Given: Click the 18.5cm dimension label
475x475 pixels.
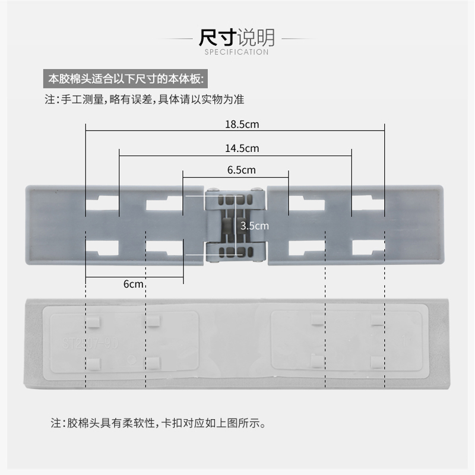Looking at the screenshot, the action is pyautogui.click(x=242, y=125).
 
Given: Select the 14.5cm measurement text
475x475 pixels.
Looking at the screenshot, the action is pyautogui.click(x=242, y=148).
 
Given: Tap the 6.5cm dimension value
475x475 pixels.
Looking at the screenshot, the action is pyautogui.click(x=241, y=170).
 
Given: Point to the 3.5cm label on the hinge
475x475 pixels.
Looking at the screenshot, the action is pyautogui.click(x=254, y=226).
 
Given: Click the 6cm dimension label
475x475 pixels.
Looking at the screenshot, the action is pyautogui.click(x=134, y=284).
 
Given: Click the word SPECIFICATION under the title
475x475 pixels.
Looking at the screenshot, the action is pyautogui.click(x=236, y=52).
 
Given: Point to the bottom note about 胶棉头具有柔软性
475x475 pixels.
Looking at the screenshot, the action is pyautogui.click(x=157, y=423).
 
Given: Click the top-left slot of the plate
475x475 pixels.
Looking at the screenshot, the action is pyautogui.click(x=102, y=205).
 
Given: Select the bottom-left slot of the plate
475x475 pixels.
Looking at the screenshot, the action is pyautogui.click(x=102, y=246).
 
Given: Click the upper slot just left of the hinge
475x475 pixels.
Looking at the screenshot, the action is pyautogui.click(x=164, y=205).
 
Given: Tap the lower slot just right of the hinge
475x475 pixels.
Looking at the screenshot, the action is pyautogui.click(x=306, y=246).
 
